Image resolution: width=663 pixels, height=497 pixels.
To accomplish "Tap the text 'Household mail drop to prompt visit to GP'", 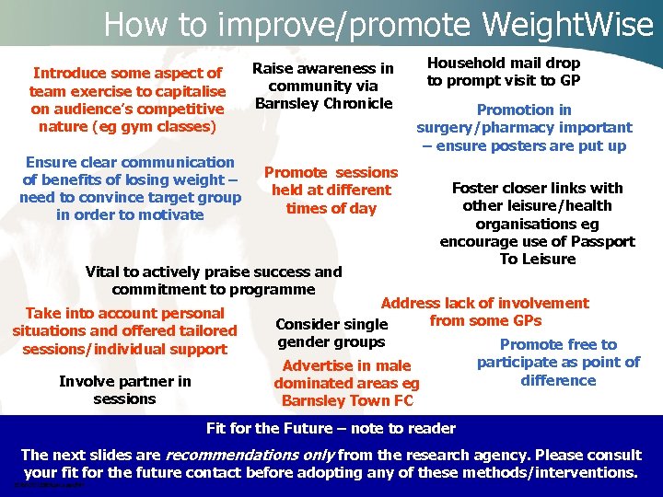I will coord(503,72).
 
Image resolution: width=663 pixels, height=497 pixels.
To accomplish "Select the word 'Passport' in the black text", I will coord(598,241).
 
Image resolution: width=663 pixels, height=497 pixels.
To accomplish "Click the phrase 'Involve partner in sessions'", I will coord(125,390).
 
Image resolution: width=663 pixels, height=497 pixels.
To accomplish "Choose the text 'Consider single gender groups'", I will coord(331,333).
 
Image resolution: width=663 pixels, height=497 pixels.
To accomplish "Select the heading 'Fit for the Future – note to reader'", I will coord(331,428).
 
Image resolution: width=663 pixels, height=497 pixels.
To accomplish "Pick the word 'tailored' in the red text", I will coord(207,330).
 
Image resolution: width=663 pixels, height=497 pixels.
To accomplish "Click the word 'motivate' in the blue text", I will coord(169,214).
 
